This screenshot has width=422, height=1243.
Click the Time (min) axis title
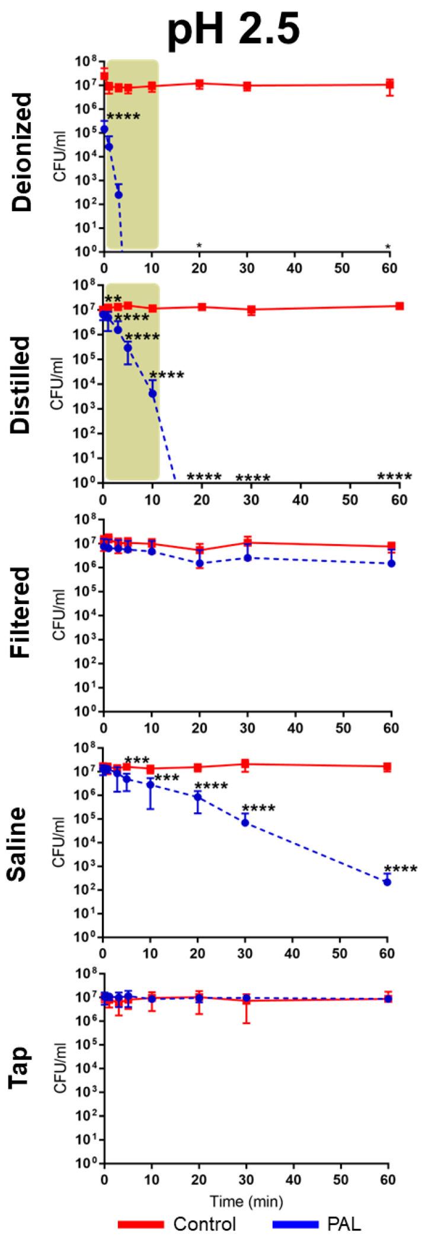247,1199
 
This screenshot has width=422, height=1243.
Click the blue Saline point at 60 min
387,882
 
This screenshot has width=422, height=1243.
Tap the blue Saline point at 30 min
245,822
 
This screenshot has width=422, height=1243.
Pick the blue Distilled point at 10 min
152,393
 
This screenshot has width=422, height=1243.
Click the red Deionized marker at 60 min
389,84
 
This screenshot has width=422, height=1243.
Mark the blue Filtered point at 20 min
200,563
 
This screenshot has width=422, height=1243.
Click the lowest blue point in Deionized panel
119,195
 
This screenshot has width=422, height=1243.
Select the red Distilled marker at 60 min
399,306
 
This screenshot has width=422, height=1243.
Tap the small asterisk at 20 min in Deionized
200,245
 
